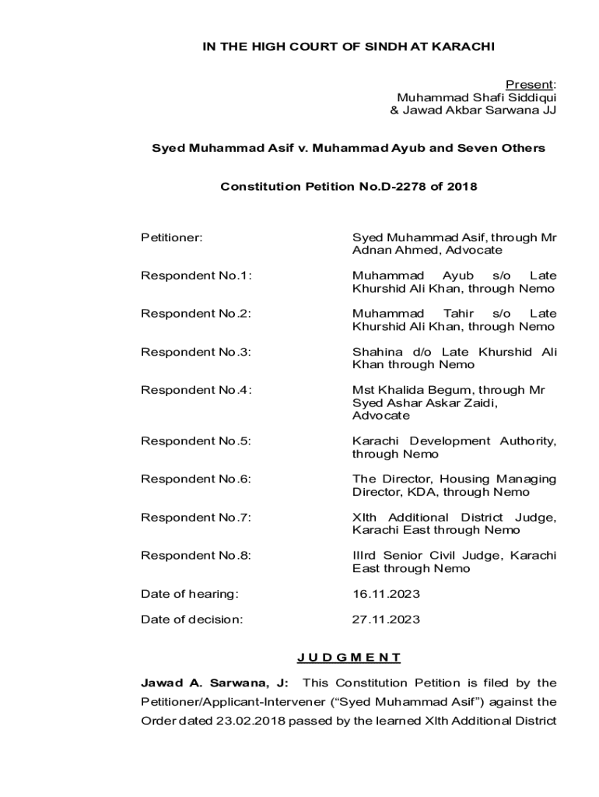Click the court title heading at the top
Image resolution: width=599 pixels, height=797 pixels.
[349, 47]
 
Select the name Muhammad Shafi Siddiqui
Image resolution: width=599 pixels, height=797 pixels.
[477, 97]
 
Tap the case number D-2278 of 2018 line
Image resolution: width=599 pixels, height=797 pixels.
[349, 187]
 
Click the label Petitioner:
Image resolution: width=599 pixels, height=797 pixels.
[171, 237]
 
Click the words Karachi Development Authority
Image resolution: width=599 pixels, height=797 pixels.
[454, 441]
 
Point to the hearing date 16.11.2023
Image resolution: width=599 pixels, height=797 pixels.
[386, 594]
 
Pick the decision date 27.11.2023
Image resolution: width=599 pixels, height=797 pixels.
[386, 620]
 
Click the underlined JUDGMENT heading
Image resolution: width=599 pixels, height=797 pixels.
[349, 658]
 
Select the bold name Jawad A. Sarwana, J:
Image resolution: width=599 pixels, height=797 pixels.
[214, 683]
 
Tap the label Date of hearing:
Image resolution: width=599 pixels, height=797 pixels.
[189, 594]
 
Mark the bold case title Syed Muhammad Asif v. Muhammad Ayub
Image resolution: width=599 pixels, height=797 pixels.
[349, 148]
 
